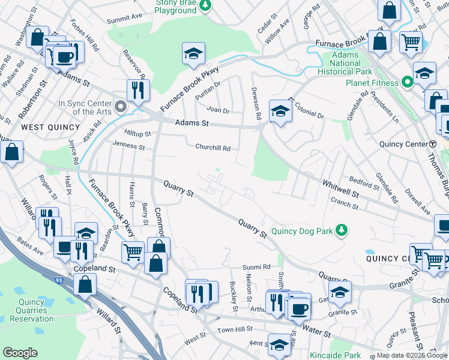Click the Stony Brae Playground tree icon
[x=206, y=5]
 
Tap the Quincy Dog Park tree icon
[x=342, y=230]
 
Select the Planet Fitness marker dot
[x=407, y=82]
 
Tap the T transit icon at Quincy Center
[x=433, y=144]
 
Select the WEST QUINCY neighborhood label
[x=50, y=127]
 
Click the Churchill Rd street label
[x=212, y=148]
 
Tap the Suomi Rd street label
[x=256, y=266]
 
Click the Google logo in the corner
[x=20, y=353]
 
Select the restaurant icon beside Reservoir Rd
[x=138, y=90]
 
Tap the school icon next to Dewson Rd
[x=280, y=110]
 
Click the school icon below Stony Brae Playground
[x=193, y=53]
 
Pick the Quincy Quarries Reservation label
[x=32, y=310]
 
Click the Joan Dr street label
[x=218, y=110]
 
